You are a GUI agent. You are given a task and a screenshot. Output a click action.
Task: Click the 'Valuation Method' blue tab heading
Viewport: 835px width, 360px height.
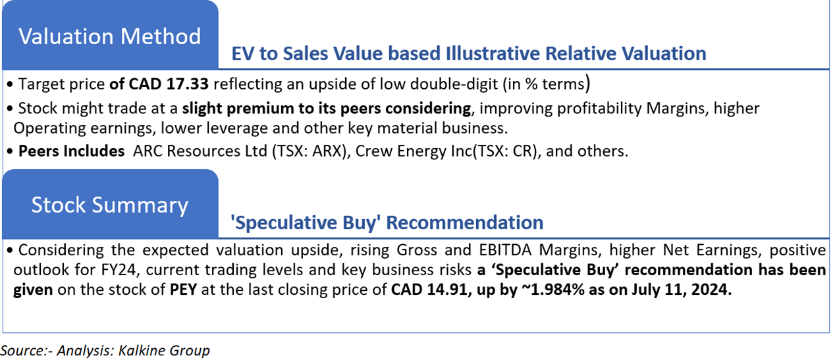[109, 36]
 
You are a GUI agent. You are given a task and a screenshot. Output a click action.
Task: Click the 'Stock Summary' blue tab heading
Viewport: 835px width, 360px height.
[109, 205]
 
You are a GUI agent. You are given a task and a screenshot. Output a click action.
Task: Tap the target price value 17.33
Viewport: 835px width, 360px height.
[187, 84]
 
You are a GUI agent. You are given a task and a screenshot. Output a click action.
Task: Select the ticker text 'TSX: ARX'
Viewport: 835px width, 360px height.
[308, 151]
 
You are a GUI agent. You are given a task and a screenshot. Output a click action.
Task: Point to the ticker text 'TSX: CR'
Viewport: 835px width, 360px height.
[506, 151]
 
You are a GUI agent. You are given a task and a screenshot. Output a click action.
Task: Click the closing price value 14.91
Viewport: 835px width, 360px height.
[446, 290]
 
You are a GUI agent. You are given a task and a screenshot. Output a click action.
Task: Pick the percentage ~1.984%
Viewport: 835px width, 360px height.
[552, 290]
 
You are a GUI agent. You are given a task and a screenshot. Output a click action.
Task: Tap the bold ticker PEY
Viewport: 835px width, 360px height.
[183, 290]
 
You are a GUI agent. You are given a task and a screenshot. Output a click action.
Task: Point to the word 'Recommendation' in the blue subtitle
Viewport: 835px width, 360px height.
[464, 222]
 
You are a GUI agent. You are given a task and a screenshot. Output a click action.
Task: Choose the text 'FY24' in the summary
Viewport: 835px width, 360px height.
[119, 270]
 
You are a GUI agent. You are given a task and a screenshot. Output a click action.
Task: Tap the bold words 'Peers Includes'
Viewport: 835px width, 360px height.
[71, 151]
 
